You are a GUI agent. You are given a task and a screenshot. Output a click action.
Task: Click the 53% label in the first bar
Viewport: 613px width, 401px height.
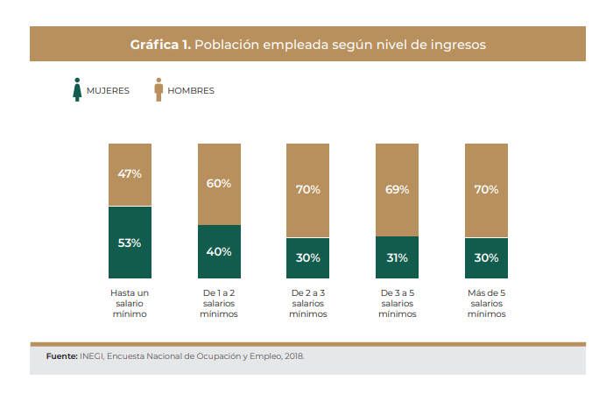tap(130, 243)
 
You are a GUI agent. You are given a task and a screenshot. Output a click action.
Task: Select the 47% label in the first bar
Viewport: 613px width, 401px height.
tap(130, 173)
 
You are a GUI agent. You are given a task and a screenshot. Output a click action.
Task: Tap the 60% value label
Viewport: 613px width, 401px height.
tap(219, 183)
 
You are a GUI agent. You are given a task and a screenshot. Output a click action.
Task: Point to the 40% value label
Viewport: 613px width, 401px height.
tap(219, 251)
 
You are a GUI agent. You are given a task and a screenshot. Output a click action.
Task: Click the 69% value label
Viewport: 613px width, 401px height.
tap(397, 189)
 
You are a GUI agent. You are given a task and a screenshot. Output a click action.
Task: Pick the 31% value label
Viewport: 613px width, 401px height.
tap(397, 257)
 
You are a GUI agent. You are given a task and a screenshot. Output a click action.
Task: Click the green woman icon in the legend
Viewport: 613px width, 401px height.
tap(77, 89)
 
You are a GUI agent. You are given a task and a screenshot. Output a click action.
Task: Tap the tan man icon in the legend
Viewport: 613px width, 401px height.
tap(159, 89)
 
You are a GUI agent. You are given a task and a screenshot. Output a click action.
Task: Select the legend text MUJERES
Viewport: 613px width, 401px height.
tap(108, 90)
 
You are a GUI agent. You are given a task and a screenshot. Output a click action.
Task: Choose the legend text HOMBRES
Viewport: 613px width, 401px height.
tap(191, 90)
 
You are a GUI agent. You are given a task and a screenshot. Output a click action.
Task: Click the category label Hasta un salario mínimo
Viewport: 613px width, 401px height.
tap(130, 302)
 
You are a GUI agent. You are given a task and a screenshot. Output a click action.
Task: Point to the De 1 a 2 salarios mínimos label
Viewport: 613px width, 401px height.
tap(219, 302)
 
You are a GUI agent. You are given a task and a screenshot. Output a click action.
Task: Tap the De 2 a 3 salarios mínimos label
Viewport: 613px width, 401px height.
tap(308, 302)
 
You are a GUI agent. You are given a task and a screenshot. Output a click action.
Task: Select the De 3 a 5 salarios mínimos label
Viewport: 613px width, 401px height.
tap(397, 302)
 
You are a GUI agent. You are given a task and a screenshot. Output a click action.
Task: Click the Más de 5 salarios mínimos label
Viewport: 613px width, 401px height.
tap(486, 302)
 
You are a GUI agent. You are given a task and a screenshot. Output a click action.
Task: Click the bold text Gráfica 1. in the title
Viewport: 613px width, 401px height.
tap(160, 44)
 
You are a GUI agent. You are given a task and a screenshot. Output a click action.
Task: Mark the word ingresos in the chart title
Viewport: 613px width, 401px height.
tap(455, 44)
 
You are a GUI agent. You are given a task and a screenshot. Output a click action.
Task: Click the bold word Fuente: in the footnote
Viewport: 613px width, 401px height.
tap(61, 356)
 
